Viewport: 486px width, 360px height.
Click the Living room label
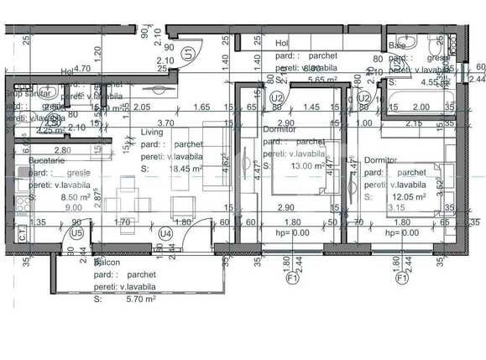click(x=152, y=133)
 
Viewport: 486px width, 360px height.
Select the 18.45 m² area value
click(x=186, y=169)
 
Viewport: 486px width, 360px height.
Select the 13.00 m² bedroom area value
click(x=304, y=166)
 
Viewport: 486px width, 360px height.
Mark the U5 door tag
click(x=76, y=232)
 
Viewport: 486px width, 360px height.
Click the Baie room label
click(x=397, y=46)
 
